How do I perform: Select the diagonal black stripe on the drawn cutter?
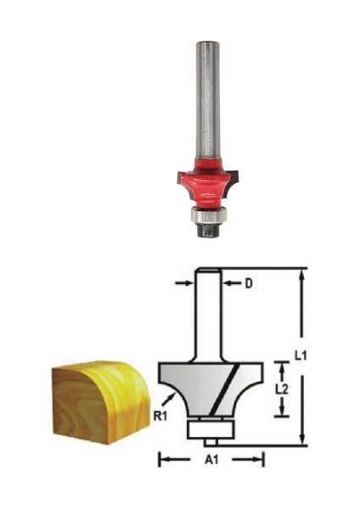222,393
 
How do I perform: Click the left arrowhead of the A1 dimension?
163,460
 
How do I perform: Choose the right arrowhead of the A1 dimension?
260,460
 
